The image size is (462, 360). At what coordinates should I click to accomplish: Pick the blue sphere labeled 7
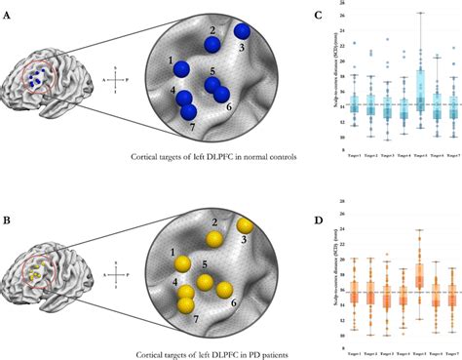189,111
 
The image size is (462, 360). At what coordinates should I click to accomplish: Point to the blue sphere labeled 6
221,95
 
